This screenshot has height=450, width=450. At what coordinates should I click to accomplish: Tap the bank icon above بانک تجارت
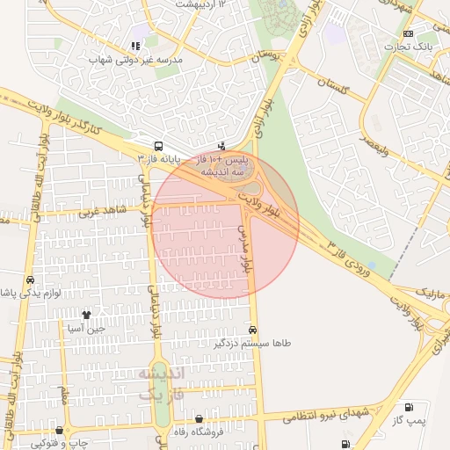pyautogui.click(x=407, y=33)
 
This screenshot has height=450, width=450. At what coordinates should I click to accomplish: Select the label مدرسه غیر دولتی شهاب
pyautogui.click(x=135, y=60)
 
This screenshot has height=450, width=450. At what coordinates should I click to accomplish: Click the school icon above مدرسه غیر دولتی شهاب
pyautogui.click(x=135, y=46)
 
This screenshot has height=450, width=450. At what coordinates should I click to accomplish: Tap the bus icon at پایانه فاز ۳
pyautogui.click(x=157, y=145)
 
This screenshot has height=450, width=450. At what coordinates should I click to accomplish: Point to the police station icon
pyautogui.click(x=221, y=146)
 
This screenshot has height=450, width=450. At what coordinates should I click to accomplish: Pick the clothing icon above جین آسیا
pyautogui.click(x=86, y=314)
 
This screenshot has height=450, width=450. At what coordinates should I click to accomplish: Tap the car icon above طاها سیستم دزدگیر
pyautogui.click(x=253, y=330)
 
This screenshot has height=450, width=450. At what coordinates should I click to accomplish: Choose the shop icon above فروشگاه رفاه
pyautogui.click(x=200, y=419)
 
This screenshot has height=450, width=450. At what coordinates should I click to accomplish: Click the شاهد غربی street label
pyautogui.click(x=103, y=211)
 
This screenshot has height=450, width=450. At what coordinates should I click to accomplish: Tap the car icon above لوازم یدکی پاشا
pyautogui.click(x=31, y=279)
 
